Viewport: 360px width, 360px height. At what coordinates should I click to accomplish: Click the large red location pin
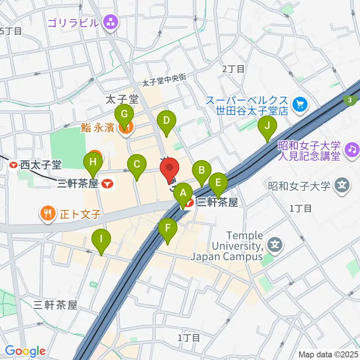click(x=169, y=169)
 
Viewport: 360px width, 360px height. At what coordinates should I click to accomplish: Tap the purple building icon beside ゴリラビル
click(x=110, y=22)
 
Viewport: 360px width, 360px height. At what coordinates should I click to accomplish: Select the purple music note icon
click(x=351, y=149)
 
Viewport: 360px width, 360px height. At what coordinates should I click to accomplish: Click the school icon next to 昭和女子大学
click(x=342, y=185)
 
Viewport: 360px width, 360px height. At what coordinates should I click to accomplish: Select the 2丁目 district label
click(x=233, y=69)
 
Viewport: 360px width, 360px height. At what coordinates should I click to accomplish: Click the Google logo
click(x=25, y=351)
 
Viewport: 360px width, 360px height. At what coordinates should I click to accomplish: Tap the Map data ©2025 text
click(x=328, y=354)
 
